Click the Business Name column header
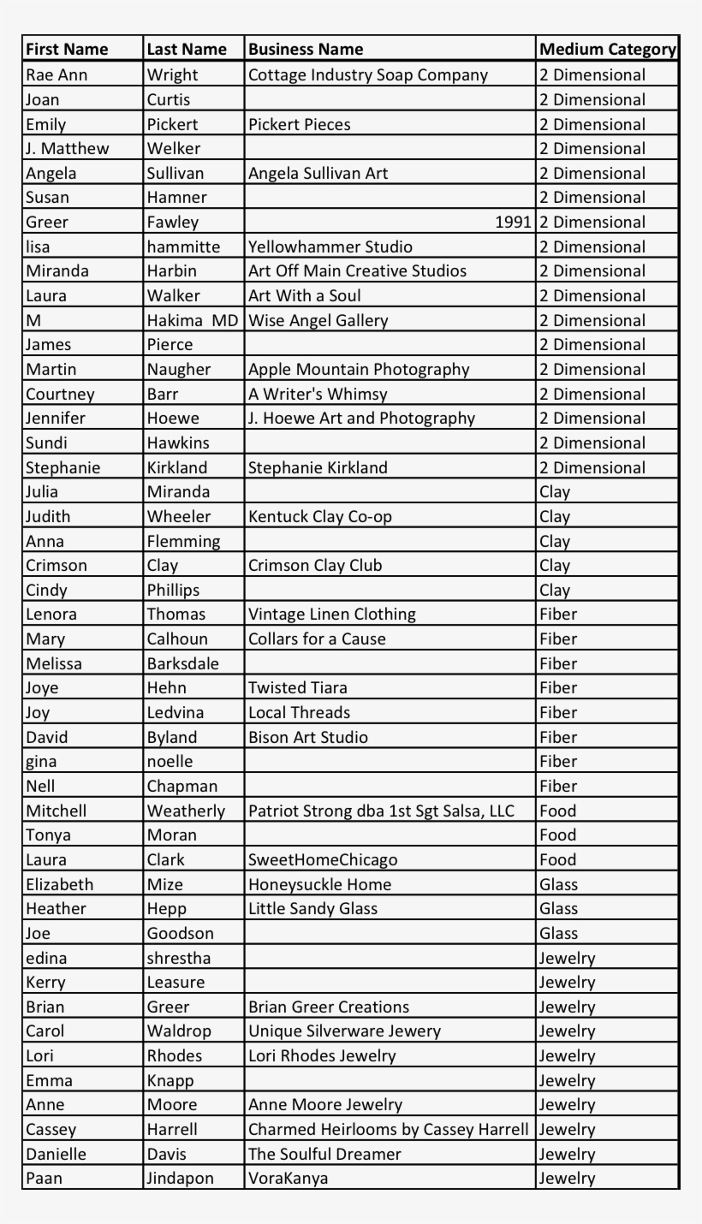tap(306, 50)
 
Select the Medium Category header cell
tap(608, 50)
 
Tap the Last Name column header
tap(187, 50)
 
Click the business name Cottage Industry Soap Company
tap(368, 74)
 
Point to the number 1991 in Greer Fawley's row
tap(513, 223)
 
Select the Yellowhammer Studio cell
tap(330, 247)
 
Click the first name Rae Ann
tap(57, 74)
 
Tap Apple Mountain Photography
tap(359, 370)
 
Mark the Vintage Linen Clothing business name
tap(332, 615)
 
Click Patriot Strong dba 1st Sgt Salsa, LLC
tap(381, 811)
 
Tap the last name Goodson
tap(181, 934)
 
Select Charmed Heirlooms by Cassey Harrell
tap(389, 1130)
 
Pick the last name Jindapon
tap(181, 1179)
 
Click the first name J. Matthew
tap(68, 149)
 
